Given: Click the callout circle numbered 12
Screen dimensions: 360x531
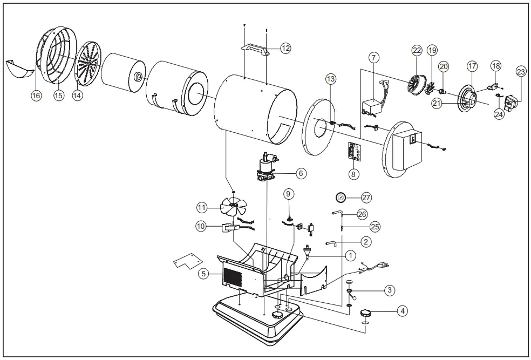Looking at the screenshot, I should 285,48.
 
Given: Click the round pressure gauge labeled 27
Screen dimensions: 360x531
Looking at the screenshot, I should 341,197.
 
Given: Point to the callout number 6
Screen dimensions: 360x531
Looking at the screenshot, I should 301,173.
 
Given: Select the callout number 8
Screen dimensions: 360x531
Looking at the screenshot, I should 352,174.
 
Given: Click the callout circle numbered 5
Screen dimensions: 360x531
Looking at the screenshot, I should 203,274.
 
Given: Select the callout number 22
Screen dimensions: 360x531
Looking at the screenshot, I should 417,50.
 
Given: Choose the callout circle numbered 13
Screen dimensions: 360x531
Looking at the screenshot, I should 331,79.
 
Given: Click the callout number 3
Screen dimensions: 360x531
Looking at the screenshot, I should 388,290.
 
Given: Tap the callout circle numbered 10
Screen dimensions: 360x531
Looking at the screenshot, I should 202,226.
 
